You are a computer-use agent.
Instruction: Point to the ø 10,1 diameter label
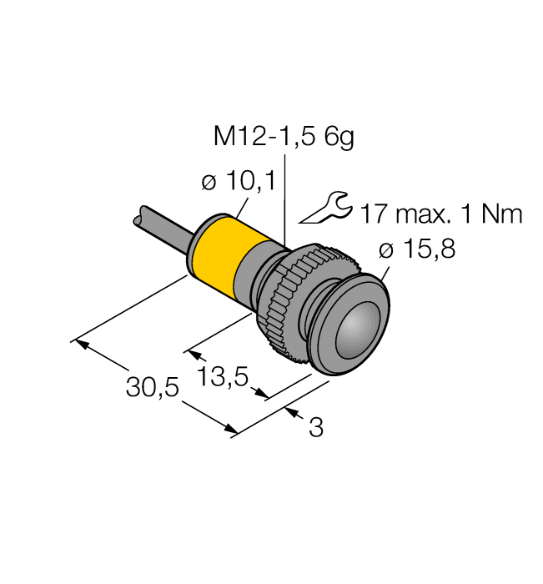pos(239,181)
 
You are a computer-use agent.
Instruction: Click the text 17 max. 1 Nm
pos(440,214)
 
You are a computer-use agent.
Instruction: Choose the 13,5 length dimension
pos(224,377)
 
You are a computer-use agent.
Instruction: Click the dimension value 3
pos(315,428)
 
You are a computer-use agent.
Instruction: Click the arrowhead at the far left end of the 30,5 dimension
pos(80,343)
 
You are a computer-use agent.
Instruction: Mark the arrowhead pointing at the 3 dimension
pos(292,411)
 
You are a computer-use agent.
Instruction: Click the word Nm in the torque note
pos(503,214)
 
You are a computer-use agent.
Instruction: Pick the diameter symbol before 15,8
pos(385,249)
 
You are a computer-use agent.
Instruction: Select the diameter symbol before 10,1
pos(209,182)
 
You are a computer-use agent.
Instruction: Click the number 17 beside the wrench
pos(373,214)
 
